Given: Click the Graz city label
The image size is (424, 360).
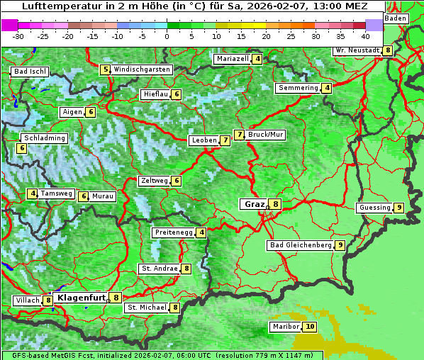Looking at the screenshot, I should coord(254,204).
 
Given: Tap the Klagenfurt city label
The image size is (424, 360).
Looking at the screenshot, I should coord(81,298).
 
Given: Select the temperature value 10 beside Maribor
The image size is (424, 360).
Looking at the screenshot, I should coord(310,327).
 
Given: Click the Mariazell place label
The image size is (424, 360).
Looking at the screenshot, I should coord(233,59).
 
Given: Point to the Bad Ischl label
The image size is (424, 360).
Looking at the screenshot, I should coord(30,72).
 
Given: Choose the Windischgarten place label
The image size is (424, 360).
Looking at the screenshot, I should coord(142,69).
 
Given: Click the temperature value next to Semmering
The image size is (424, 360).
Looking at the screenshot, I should coord(326,88).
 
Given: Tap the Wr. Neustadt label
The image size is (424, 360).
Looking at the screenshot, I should coord(358,50).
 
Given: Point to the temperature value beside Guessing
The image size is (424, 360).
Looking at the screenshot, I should coord(399,208).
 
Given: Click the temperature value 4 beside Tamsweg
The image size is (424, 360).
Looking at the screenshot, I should coord(33,193).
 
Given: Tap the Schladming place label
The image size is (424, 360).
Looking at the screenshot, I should coord(44,138).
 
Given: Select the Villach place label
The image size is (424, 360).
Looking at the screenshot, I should coord(28,300).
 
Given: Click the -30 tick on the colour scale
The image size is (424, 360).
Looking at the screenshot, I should coord(18,35).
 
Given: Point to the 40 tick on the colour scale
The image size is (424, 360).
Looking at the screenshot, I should coord(364,35).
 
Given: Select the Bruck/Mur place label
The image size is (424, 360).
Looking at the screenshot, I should coord(266,134).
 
